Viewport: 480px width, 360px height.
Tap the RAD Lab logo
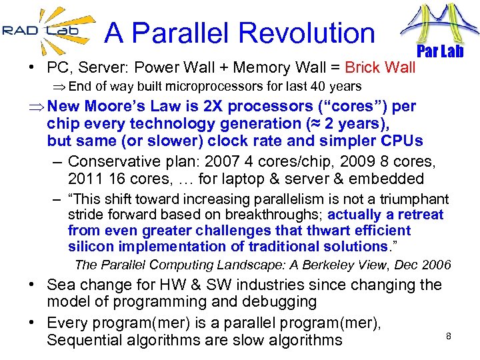[x=41, y=29]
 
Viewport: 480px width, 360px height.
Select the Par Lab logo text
[x=439, y=51]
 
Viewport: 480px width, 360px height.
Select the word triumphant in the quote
[x=413, y=199]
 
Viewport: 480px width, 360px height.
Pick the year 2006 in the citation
[x=436, y=265]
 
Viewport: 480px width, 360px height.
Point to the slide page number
[x=449, y=336]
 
